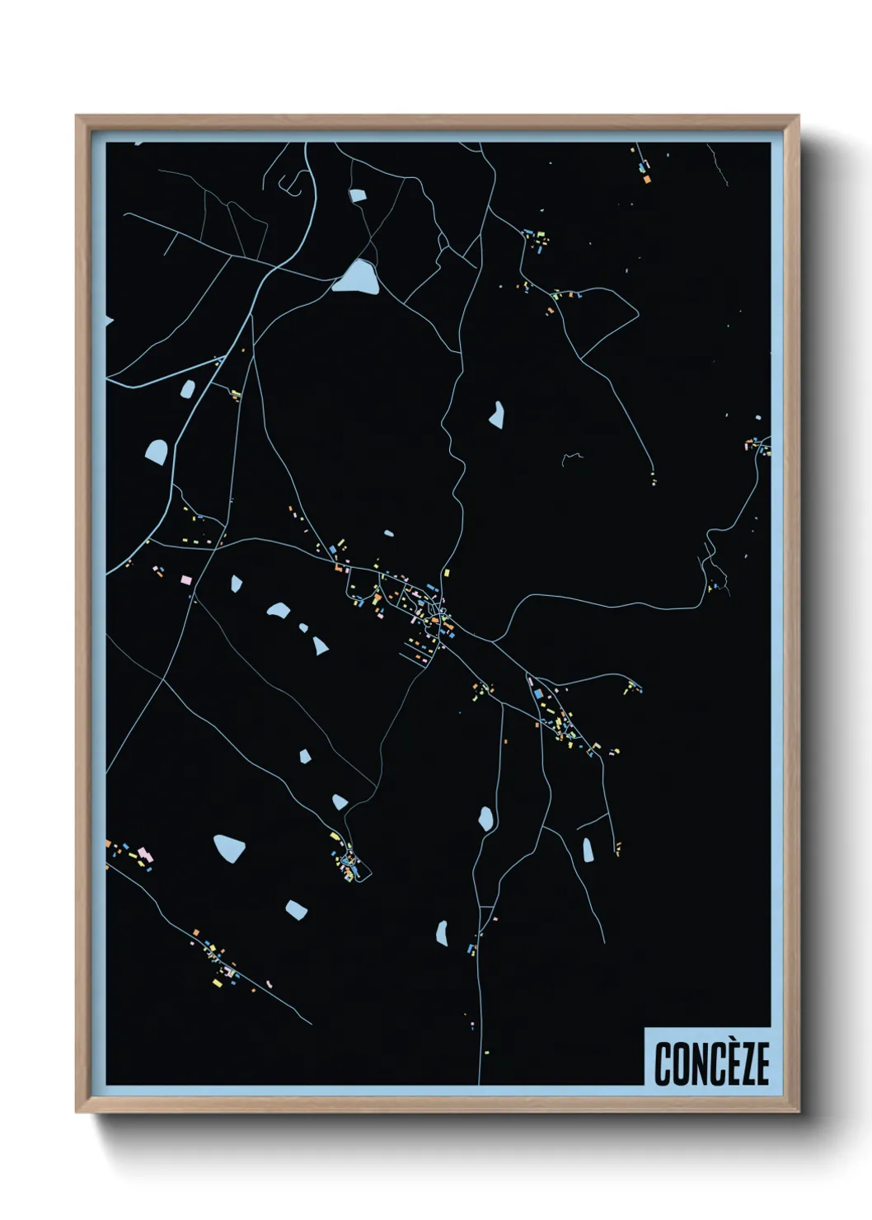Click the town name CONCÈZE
[x=711, y=1063]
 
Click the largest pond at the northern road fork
[x=357, y=277]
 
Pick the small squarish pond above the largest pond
[x=357, y=195]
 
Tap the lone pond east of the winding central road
[x=496, y=414]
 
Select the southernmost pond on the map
[x=442, y=933]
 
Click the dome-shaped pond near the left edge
[x=156, y=451]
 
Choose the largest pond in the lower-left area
[x=229, y=847]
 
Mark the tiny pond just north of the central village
[x=389, y=533]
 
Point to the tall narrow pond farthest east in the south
[x=588, y=849]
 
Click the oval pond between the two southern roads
[x=486, y=819]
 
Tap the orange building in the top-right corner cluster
[x=647, y=179]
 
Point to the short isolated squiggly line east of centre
[x=572, y=456]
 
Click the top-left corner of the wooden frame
[x=77, y=116]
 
